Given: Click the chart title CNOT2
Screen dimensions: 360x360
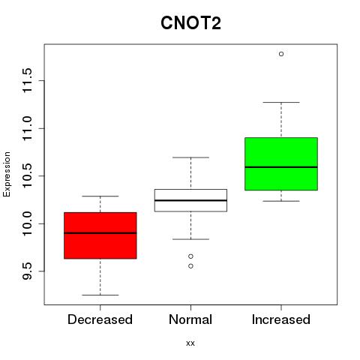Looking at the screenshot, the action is click(x=190, y=23).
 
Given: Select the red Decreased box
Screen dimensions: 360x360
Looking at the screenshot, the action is click(x=100, y=235).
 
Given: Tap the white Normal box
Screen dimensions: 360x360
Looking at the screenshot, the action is click(x=190, y=200).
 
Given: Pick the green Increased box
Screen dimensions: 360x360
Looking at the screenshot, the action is click(x=281, y=164).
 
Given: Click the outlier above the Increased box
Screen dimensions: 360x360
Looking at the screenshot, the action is click(x=281, y=54).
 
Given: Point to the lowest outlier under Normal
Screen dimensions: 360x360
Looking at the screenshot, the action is click(x=190, y=266).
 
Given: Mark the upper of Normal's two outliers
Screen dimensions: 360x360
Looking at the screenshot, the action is click(x=190, y=256).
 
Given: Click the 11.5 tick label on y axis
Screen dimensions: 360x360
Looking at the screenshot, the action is click(x=27, y=80).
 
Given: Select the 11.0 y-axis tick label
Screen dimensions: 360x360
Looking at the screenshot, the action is click(x=27, y=128).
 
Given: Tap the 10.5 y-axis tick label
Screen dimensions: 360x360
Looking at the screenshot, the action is click(x=27, y=175).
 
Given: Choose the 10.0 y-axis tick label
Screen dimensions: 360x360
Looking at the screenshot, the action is click(x=27, y=223).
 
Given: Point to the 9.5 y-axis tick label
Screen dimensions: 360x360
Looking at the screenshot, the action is click(x=27, y=271).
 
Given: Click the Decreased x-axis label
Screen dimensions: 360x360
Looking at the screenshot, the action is click(x=100, y=319).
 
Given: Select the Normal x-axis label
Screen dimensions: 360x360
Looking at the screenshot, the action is click(x=190, y=319).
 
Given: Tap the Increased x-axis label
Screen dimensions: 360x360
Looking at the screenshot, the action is click(x=281, y=319).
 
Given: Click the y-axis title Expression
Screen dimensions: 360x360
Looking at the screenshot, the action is click(x=7, y=174).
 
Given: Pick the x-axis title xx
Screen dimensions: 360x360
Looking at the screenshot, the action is click(x=190, y=343).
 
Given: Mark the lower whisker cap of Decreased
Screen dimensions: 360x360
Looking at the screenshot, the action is click(x=100, y=295).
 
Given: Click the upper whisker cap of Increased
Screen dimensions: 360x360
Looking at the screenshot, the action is click(x=281, y=102).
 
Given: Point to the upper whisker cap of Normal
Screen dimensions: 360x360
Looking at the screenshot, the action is click(x=190, y=157).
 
